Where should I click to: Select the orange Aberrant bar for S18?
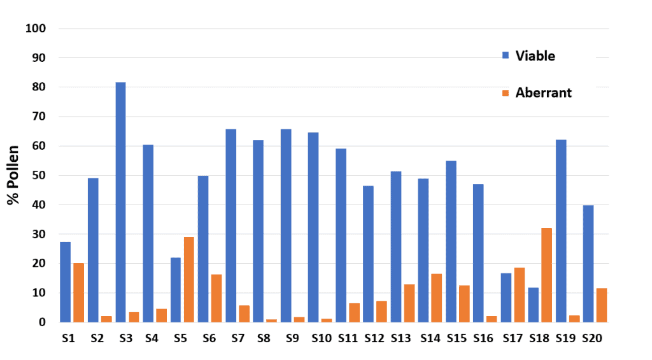[x=547, y=275]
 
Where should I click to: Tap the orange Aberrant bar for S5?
[x=189, y=279]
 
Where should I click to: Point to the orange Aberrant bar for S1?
[x=78, y=292]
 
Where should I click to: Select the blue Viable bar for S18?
[x=534, y=305]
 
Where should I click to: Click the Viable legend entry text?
[x=535, y=56]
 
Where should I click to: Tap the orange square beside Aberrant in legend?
[x=506, y=93]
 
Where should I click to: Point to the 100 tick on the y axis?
[x=36, y=29]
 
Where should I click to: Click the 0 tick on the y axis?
[x=43, y=322]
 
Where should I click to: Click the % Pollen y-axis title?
[x=13, y=175]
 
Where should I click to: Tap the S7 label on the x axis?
[x=237, y=339]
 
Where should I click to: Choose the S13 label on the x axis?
[x=402, y=339]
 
